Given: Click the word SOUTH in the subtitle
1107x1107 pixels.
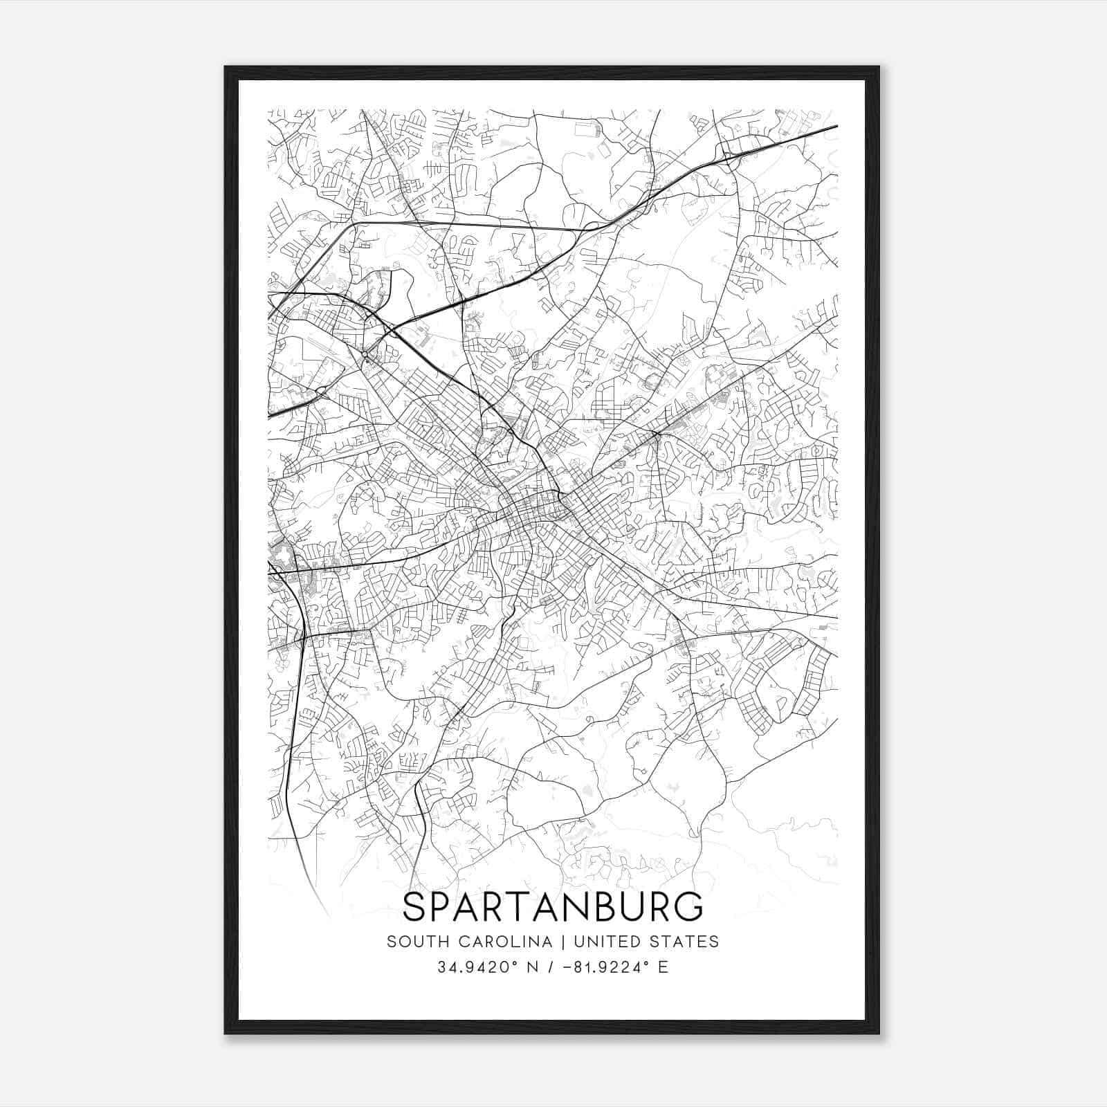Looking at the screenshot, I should click(x=411, y=942).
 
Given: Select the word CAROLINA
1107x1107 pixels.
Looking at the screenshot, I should click(x=497, y=942).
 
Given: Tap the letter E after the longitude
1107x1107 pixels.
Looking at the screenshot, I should click(x=664, y=967).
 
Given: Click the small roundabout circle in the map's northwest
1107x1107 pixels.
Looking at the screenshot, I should click(x=365, y=355).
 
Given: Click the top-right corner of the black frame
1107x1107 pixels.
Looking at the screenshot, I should click(x=879, y=67).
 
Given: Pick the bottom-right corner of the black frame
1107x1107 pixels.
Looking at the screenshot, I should click(x=879, y=1033).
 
